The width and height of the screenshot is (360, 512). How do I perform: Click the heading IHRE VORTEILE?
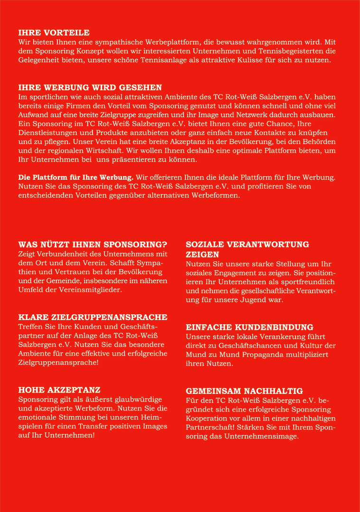tap(54, 33)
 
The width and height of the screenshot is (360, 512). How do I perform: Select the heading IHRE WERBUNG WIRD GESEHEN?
tap(90, 87)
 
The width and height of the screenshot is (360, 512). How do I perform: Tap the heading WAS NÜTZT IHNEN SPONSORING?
tap(92, 245)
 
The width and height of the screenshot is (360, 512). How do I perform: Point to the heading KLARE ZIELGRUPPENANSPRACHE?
tap(92, 317)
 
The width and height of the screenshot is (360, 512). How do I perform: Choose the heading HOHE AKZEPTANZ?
tap(59, 390)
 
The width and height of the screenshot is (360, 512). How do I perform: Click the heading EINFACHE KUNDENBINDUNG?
tap(249, 327)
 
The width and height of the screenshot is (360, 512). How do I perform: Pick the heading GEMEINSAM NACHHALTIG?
tap(244, 391)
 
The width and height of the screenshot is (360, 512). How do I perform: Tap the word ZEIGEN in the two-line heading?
tap(203, 255)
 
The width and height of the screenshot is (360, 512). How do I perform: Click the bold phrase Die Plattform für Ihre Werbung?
tap(76, 177)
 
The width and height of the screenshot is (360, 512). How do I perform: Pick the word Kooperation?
tap(207, 418)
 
